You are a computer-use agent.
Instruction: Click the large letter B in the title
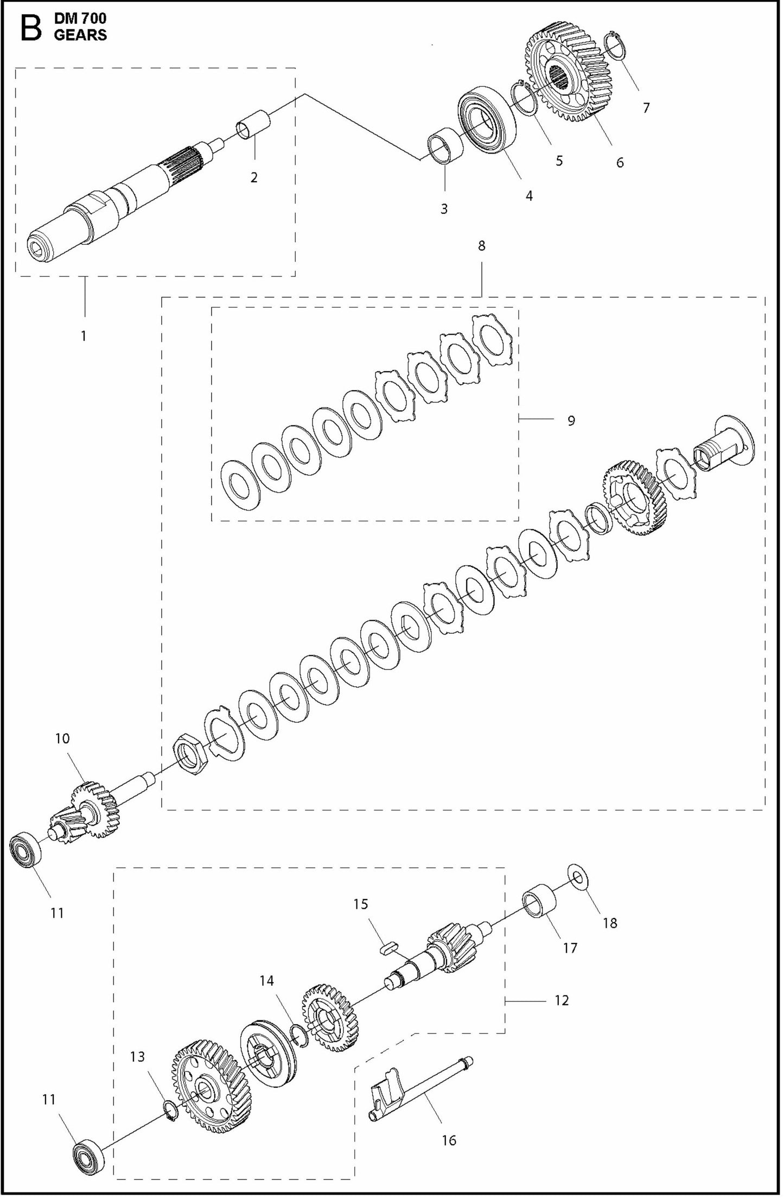point(30,28)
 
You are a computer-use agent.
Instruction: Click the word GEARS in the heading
point(80,36)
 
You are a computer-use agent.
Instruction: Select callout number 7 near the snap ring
point(646,108)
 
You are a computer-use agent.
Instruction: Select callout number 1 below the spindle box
point(84,336)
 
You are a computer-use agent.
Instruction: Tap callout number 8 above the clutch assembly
point(481,246)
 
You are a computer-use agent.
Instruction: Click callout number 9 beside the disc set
point(571,420)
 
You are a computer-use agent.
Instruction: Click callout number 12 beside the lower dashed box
point(562,1000)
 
